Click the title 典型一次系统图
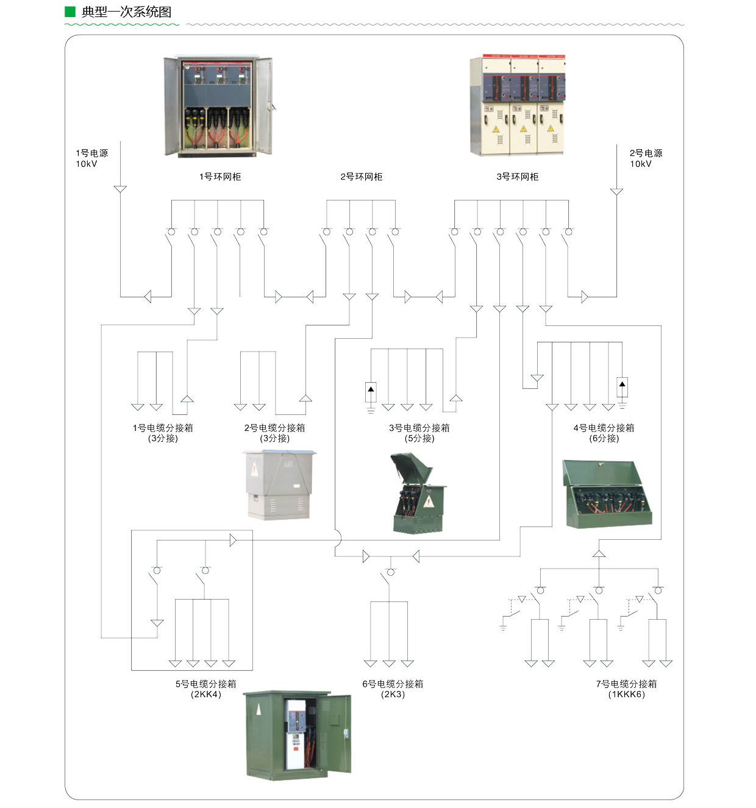point(126,12)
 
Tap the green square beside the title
point(70,12)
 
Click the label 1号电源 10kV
point(91,158)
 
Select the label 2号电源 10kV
point(646,158)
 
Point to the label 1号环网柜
point(220,177)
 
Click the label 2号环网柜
point(362,177)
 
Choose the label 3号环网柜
point(518,177)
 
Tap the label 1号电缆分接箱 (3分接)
point(163,433)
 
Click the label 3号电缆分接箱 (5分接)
point(419,433)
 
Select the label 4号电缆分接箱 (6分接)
point(604,433)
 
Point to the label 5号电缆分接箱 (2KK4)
point(205,689)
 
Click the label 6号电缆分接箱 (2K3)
point(393,689)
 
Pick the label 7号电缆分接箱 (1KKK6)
point(626,689)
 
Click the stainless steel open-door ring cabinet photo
point(218,107)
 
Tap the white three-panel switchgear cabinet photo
point(518,106)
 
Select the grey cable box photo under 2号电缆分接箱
point(279,485)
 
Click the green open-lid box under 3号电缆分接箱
point(418,494)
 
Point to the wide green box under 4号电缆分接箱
point(607,494)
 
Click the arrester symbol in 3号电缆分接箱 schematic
point(371,392)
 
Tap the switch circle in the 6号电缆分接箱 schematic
point(391,572)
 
